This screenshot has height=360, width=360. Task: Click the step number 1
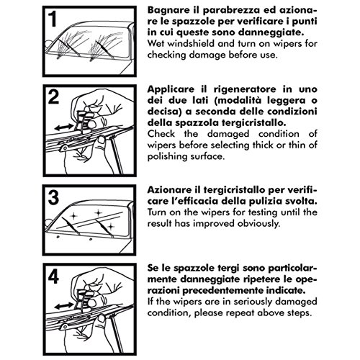53,19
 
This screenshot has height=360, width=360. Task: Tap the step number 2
53,97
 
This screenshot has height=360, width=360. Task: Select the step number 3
53,197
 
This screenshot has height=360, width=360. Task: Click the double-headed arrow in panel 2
63,127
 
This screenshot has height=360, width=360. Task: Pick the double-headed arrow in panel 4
63,306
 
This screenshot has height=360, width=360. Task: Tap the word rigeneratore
245,89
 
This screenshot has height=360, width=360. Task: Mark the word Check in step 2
161,134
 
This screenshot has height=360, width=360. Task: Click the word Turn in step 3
157,212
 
